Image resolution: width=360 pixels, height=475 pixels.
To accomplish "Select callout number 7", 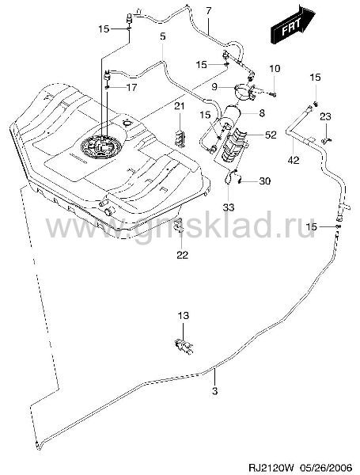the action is point(208,11).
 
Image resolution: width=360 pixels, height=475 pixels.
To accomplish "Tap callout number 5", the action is point(162,36).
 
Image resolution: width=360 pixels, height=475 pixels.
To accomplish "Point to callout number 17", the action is point(131,88).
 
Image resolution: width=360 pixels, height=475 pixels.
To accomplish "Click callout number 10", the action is point(275,69).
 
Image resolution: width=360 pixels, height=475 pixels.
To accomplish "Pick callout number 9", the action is point(214,87).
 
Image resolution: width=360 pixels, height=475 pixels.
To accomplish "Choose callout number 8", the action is point(262,113).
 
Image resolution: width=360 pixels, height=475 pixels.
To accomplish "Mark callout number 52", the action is point(271,135).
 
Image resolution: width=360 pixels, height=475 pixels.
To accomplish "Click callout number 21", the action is point(180,106).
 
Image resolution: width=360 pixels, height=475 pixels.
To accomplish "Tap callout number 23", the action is point(325,116).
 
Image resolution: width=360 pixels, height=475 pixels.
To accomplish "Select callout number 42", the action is point(294,160).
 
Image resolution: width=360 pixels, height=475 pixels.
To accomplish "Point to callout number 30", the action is point(264,181).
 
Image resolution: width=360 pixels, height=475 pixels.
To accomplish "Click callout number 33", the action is point(229,207).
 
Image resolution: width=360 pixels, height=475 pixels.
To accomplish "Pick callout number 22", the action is point(183,255).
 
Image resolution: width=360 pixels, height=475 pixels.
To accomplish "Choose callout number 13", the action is point(184,316).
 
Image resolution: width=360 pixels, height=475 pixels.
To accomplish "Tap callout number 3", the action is point(214,391).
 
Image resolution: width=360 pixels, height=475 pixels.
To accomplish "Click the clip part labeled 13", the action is point(184,346).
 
